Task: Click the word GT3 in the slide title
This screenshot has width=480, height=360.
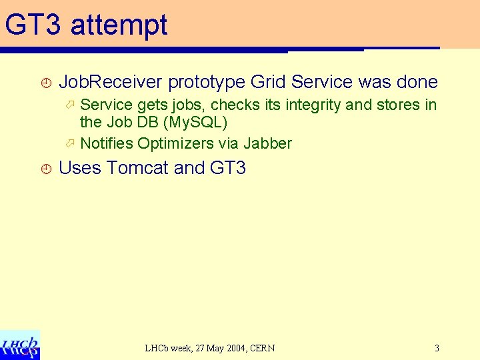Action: (33, 25)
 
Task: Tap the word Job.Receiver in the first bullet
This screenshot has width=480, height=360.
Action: (111, 82)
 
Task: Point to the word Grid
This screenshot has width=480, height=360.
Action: (269, 82)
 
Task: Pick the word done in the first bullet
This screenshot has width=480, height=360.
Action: (417, 82)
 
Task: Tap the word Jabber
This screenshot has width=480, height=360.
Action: (267, 143)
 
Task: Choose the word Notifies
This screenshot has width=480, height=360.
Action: (107, 143)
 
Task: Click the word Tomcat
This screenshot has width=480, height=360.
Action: (137, 168)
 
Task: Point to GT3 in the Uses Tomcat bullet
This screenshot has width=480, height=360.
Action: (228, 168)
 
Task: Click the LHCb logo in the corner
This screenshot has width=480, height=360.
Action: (20, 345)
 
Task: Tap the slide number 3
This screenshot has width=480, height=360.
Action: (437, 348)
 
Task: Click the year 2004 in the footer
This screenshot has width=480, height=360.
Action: (233, 348)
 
